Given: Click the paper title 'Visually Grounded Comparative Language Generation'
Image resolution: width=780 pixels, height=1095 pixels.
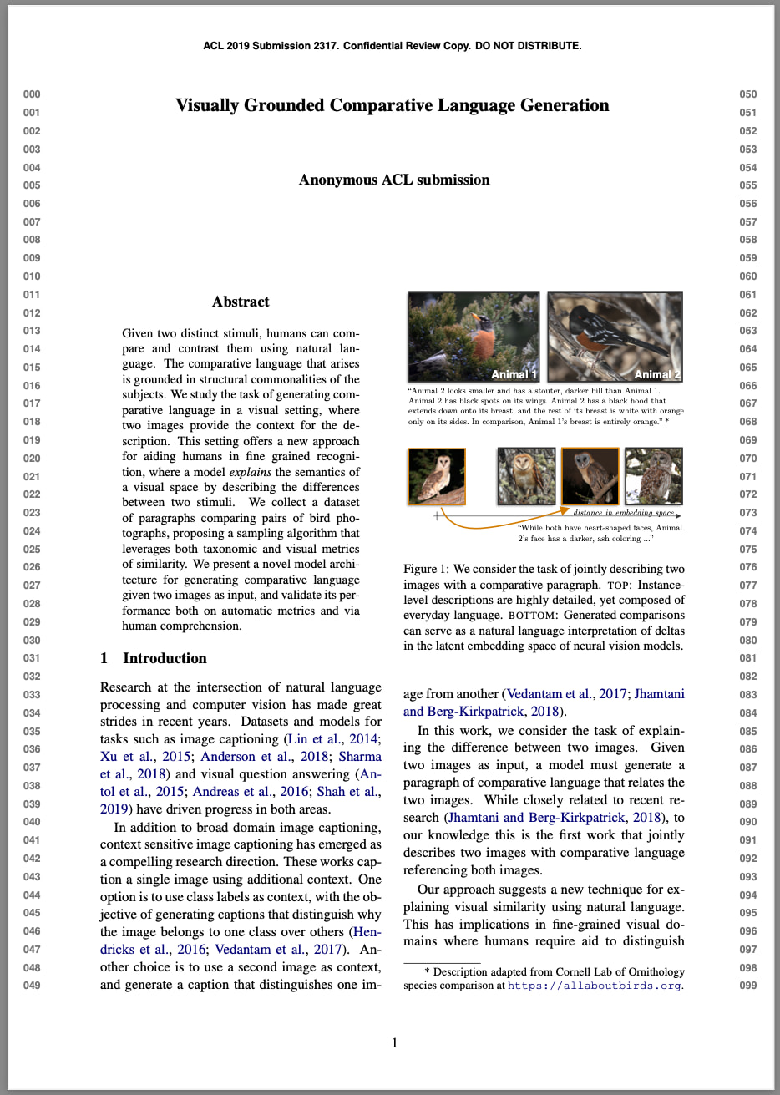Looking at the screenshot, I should pyautogui.click(x=392, y=105).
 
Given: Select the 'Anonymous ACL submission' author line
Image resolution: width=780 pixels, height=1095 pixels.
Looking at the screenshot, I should pyautogui.click(x=394, y=180).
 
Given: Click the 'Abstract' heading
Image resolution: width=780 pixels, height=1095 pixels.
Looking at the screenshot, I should pyautogui.click(x=241, y=302).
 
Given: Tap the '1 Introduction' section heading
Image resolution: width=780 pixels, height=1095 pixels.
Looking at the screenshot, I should pyautogui.click(x=154, y=658).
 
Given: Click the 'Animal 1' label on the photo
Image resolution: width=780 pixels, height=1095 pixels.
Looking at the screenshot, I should pyautogui.click(x=514, y=374).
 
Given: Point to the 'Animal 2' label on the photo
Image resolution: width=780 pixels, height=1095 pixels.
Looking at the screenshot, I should pyautogui.click(x=656, y=374).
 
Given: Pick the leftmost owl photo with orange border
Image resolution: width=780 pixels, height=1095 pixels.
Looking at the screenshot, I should pyautogui.click(x=436, y=476).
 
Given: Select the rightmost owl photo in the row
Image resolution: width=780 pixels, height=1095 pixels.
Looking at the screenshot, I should pyautogui.click(x=653, y=476).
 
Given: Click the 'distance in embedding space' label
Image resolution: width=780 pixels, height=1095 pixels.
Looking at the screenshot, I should pyautogui.click(x=623, y=513).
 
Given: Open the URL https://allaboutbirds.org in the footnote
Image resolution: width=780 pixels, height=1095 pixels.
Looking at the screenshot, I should pyautogui.click(x=595, y=986).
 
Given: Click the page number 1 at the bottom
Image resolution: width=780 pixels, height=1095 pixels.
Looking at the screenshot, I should pyautogui.click(x=394, y=1042).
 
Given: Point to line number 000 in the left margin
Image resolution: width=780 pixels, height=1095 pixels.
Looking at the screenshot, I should pyautogui.click(x=32, y=94).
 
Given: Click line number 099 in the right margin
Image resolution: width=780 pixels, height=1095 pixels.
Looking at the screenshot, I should pyautogui.click(x=748, y=986).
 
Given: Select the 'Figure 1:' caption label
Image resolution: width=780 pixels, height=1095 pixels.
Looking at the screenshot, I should pyautogui.click(x=426, y=570).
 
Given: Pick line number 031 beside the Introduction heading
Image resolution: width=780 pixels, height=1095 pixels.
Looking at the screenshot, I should pyautogui.click(x=32, y=658).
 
